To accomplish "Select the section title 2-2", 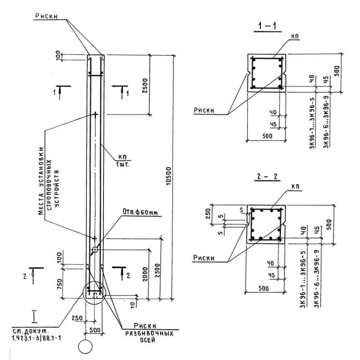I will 268,177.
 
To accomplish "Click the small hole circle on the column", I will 95,249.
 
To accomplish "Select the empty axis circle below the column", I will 85,346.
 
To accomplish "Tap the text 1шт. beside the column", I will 122,163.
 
